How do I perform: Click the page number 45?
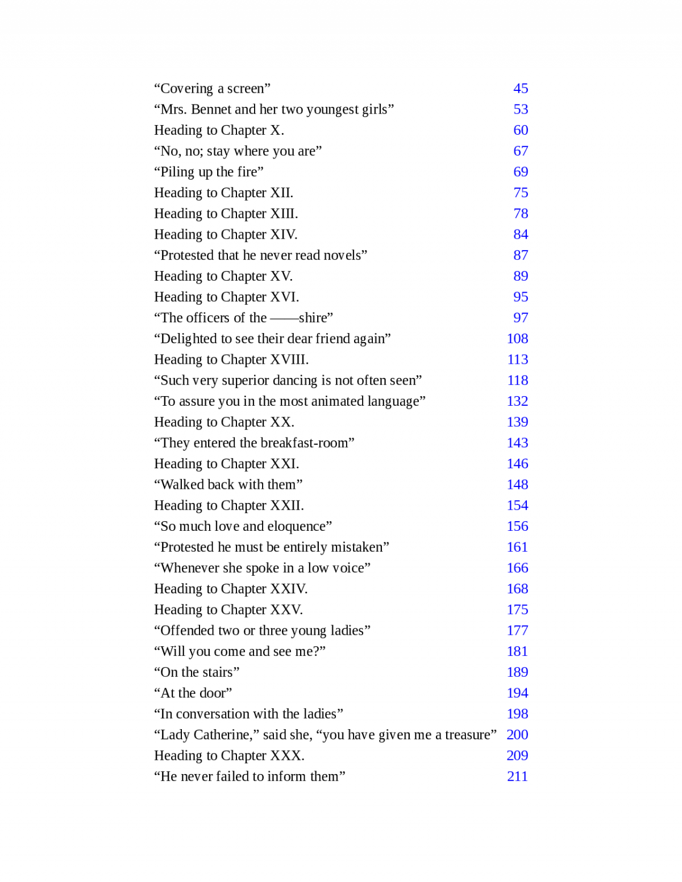coord(521,89)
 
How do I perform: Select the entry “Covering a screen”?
coord(212,89)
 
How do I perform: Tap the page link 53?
coord(521,109)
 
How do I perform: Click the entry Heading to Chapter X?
coord(219,130)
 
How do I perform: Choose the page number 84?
coord(521,234)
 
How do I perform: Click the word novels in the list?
coord(342,255)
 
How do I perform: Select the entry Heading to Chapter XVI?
coord(226,297)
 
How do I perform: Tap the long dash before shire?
coord(284,318)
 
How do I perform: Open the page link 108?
coord(517,339)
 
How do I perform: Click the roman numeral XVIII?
coord(289,360)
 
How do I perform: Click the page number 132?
coord(517,401)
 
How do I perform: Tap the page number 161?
coord(517,547)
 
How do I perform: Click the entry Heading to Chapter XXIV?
coord(231,589)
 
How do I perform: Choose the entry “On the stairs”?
coord(197,672)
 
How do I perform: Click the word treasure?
coord(468,735)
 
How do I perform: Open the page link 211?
coord(517,776)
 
